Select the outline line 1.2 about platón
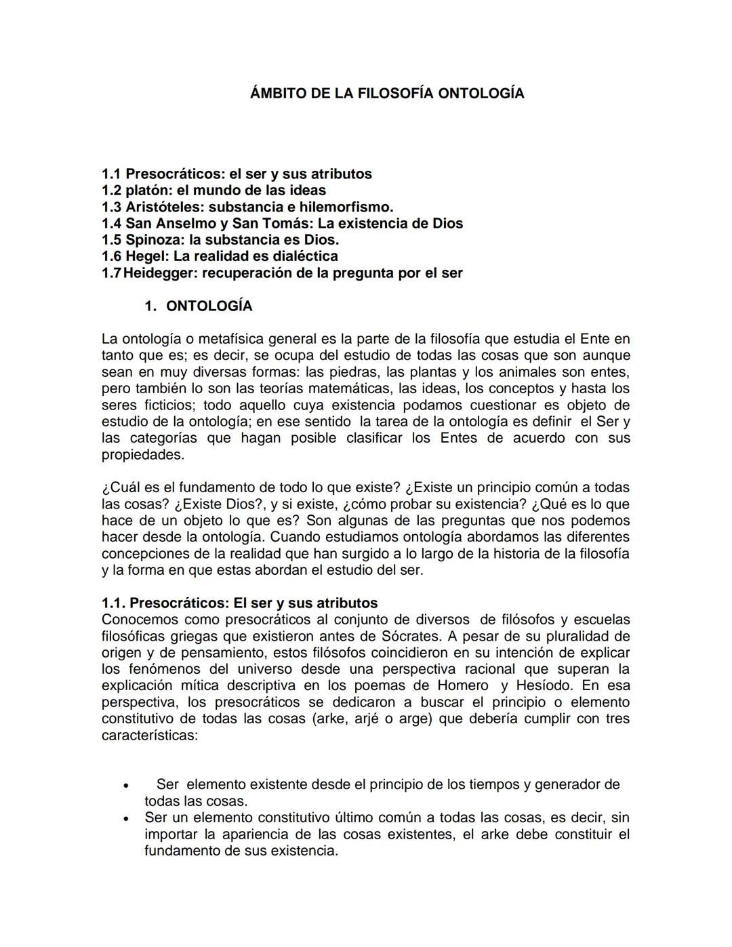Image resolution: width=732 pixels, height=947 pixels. [213, 190]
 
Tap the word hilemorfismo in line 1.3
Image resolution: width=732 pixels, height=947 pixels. [346, 207]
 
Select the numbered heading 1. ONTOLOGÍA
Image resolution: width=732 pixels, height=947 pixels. [198, 306]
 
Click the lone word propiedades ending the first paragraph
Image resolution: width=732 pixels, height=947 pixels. [142, 455]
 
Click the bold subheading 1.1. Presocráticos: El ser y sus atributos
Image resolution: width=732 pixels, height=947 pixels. [239, 603]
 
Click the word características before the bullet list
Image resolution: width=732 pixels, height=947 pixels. [149, 736]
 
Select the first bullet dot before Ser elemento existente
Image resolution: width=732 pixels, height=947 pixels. [125, 786]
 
